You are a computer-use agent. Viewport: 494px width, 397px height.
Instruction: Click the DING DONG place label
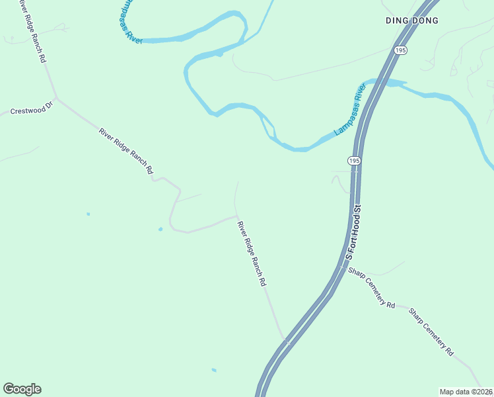pyautogui.click(x=412, y=21)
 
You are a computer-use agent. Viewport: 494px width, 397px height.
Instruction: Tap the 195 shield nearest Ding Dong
pyautogui.click(x=400, y=50)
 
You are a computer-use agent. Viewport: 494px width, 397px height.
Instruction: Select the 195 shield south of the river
pyautogui.click(x=354, y=161)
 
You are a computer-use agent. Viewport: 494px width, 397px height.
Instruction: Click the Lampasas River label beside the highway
pyautogui.click(x=350, y=110)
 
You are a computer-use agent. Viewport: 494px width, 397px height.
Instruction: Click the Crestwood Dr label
pyautogui.click(x=31, y=109)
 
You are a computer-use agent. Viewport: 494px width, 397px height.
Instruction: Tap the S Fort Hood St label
pyautogui.click(x=353, y=232)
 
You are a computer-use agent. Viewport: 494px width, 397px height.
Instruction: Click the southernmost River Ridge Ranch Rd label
pyautogui.click(x=252, y=253)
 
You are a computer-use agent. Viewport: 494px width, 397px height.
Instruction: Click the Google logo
pyautogui.click(x=22, y=389)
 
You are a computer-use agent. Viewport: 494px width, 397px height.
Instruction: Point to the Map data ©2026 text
pyautogui.click(x=466, y=392)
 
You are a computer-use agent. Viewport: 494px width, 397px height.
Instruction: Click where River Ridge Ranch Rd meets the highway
pyautogui.click(x=287, y=341)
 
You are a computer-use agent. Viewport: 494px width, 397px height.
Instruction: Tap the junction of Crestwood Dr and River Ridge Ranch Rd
pyautogui.click(x=56, y=98)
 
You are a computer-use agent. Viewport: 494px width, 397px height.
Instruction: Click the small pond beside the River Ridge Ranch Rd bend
pyautogui.click(x=160, y=230)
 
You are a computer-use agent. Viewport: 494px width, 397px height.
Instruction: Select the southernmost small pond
pyautogui.click(x=213, y=370)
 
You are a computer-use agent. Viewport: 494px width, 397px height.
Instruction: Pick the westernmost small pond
pyautogui.click(x=88, y=214)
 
